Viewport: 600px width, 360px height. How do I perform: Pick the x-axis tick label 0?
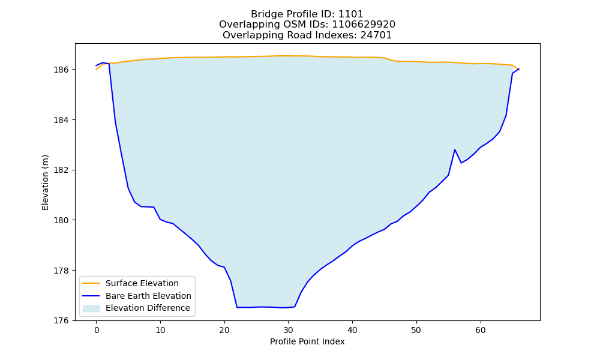coord(97,330)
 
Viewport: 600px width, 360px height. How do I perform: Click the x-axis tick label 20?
coord(224,330)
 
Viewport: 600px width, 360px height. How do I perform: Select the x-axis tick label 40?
coord(352,330)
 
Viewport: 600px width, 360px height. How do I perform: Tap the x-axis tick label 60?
coord(481,330)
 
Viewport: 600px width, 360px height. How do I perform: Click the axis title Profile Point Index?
coord(307,341)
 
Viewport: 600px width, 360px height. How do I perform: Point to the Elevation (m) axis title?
coord(46,182)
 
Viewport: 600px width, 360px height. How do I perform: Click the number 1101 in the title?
coord(351,14)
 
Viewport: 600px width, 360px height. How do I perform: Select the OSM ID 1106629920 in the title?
coord(364,25)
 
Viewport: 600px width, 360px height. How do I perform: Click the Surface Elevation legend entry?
coord(142,283)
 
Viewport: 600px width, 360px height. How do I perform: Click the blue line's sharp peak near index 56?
coord(455,149)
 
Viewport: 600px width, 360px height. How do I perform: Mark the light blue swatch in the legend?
coord(91,308)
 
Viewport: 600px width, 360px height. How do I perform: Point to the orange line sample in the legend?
coord(91,283)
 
